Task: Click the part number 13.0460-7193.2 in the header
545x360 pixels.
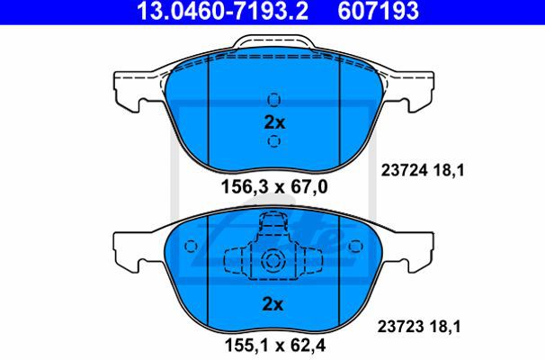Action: (x=222, y=11)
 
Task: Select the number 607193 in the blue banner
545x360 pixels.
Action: (x=378, y=11)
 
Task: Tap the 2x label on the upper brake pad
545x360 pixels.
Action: (x=274, y=122)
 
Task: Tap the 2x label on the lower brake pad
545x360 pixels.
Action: (x=272, y=304)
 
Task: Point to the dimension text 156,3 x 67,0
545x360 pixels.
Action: (x=274, y=187)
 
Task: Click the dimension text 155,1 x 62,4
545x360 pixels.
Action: (x=275, y=345)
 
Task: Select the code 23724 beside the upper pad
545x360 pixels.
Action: (x=404, y=170)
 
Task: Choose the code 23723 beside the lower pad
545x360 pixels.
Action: (x=401, y=327)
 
